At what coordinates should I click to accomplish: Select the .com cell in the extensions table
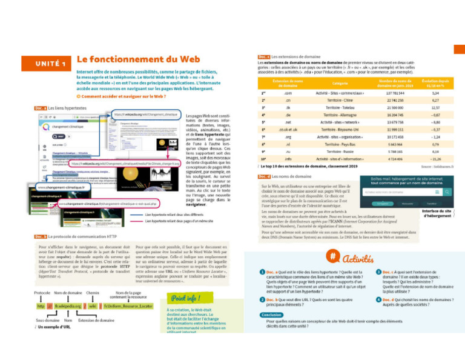(x=287, y=93)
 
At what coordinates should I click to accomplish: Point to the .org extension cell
(x=287, y=137)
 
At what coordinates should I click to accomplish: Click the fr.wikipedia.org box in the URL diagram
(x=68, y=306)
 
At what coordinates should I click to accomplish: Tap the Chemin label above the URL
(x=93, y=292)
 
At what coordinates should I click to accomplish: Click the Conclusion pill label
(x=271, y=315)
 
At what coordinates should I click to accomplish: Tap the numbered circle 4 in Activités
(x=378, y=301)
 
